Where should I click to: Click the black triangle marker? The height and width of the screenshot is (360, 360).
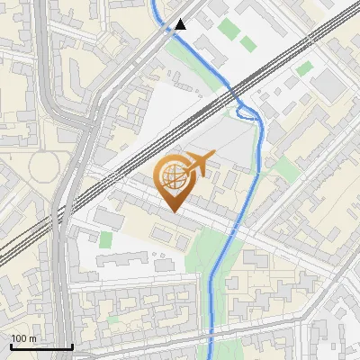(x=181, y=24)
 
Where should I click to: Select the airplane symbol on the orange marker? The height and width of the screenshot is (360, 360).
(x=197, y=164)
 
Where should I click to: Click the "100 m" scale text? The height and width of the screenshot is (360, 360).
(x=22, y=338)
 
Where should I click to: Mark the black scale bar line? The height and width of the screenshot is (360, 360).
(x=40, y=346)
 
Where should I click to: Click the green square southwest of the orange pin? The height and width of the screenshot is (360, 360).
(x=106, y=240)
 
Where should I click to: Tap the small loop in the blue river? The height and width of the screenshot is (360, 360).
(x=247, y=112)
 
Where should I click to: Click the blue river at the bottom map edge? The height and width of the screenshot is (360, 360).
(x=211, y=356)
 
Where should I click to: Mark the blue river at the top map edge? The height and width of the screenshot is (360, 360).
(x=153, y=4)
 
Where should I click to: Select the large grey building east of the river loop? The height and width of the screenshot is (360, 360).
(x=328, y=85)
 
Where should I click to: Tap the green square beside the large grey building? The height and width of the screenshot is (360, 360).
(x=305, y=67)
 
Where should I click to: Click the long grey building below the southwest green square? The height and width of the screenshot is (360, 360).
(x=121, y=259)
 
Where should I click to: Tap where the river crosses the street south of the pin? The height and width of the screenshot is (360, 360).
(x=232, y=231)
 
